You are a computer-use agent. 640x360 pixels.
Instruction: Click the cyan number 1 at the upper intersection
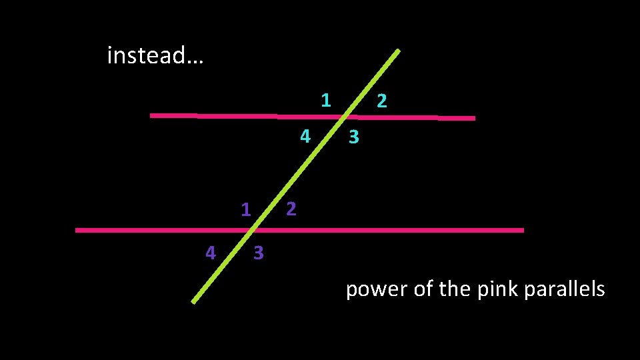coord(325,101)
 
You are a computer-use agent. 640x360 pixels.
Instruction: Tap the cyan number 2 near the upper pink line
coord(381,101)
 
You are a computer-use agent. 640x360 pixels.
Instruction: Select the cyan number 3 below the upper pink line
coord(354,137)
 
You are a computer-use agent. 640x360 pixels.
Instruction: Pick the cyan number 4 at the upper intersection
coord(305,137)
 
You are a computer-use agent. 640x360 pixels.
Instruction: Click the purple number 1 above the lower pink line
coord(245,211)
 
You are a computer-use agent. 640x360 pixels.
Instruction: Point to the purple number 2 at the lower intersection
coord(291,209)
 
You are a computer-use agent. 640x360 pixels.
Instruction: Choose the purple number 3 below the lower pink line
coord(259,253)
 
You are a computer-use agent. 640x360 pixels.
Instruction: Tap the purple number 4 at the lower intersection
coord(210,253)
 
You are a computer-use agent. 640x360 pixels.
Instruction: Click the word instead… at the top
coord(155,55)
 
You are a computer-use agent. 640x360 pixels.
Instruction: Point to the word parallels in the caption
coord(565,289)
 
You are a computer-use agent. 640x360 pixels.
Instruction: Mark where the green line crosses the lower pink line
coord(253,230)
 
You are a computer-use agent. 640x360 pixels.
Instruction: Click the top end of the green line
coord(399,50)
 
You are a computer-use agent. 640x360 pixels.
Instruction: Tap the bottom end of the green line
coord(193,302)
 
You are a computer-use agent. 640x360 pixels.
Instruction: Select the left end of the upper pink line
coord(151,115)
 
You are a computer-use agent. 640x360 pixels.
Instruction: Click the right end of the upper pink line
coord(474,119)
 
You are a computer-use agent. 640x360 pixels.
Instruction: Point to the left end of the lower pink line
coord(77,230)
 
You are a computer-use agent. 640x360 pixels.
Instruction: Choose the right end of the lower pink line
coord(523,230)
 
